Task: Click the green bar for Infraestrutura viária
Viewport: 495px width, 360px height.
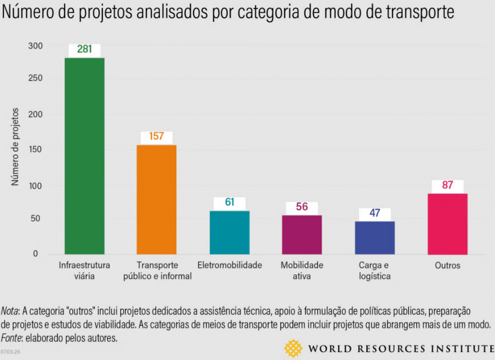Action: [x=85, y=156]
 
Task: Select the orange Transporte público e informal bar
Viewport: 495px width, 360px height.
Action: [x=157, y=199]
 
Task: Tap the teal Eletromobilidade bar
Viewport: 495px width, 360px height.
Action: [x=230, y=232]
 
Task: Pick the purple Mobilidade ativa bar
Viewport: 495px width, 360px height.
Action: [x=302, y=234]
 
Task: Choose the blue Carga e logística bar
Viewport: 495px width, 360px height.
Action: [x=375, y=237]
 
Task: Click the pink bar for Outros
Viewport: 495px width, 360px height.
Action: [x=448, y=223]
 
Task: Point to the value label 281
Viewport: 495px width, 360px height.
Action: [x=85, y=50]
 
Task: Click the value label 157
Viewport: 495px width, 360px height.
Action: [x=157, y=137]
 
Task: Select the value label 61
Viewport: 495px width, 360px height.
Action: [x=230, y=202]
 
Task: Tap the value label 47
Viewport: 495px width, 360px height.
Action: [x=375, y=214]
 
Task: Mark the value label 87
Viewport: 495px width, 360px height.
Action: [x=447, y=186]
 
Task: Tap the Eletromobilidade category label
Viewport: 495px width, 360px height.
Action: [x=230, y=265]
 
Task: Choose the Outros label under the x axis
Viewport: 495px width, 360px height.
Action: [x=447, y=266]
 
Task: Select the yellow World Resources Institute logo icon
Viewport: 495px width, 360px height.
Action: [x=293, y=348]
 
